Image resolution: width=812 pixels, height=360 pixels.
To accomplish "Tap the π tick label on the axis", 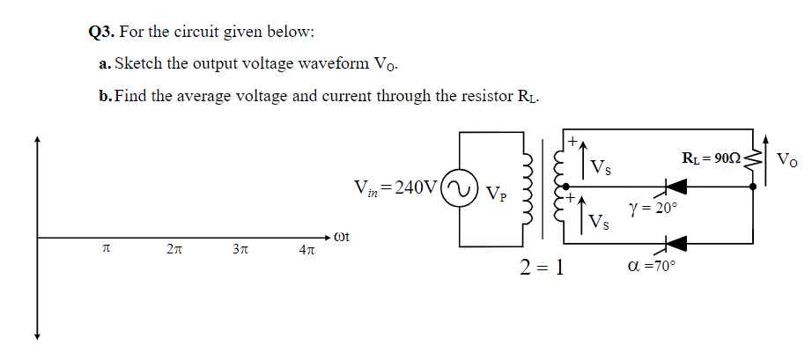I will [106, 251].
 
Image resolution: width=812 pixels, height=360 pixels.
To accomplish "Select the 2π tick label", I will [173, 251].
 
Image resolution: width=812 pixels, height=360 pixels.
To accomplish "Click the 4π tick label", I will [307, 253].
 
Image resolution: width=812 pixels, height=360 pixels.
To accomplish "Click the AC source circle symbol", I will [460, 187].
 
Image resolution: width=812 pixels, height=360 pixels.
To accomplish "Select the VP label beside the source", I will [497, 192].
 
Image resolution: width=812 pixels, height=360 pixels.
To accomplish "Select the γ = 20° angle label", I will [653, 209].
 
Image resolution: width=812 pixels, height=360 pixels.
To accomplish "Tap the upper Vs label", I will [602, 166].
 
